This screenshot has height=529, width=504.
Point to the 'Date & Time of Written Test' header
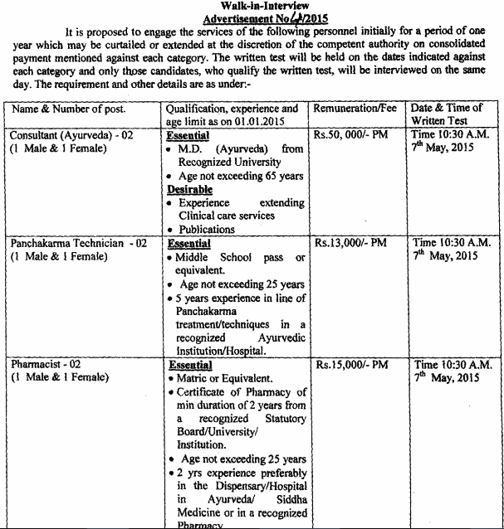(453, 114)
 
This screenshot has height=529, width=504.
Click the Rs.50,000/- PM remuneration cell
(351, 136)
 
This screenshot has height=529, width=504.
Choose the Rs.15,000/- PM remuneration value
(351, 364)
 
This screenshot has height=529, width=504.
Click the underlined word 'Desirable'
(189, 189)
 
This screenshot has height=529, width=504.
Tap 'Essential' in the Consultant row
(188, 135)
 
